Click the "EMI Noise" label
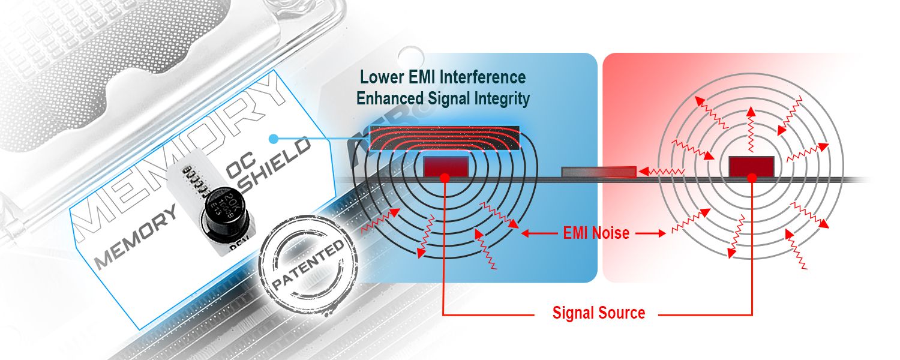click(x=596, y=233)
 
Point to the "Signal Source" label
click(x=598, y=313)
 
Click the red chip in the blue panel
click(x=445, y=165)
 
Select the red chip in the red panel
click(x=751, y=165)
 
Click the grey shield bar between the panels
click(x=598, y=172)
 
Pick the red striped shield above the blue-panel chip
click(x=445, y=138)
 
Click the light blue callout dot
click(x=273, y=139)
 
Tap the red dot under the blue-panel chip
click(x=445, y=178)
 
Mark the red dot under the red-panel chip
click(x=752, y=178)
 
